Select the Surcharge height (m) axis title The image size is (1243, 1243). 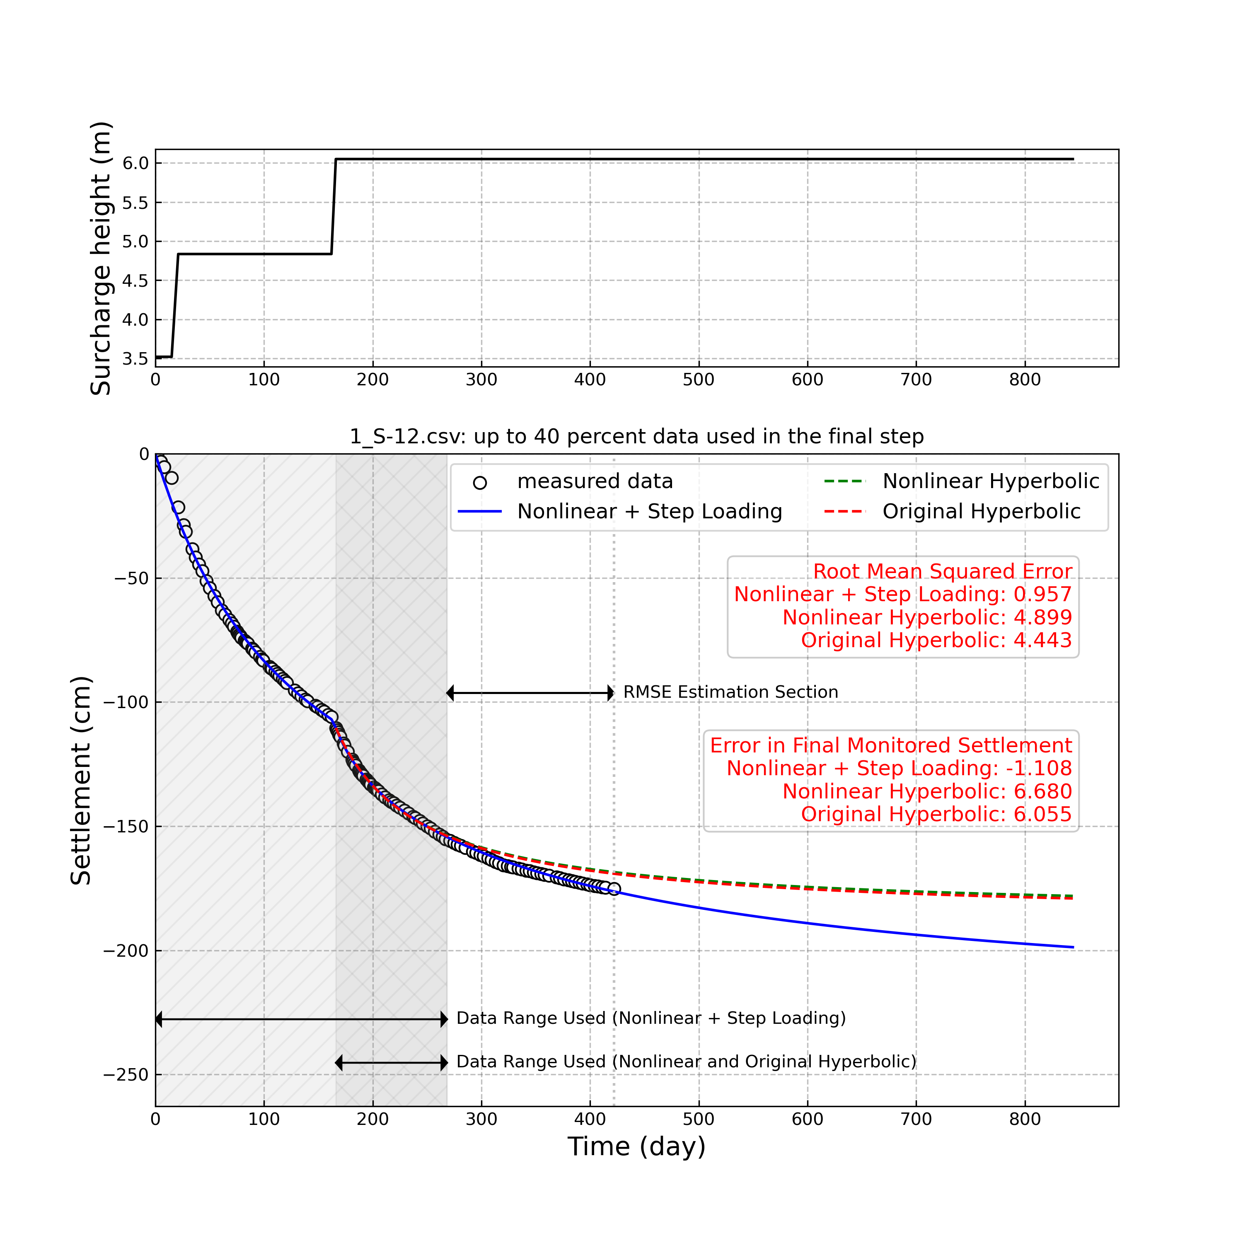pyautogui.click(x=101, y=258)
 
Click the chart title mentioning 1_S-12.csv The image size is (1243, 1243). pyautogui.click(x=636, y=437)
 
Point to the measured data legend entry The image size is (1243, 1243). pyautogui.click(x=595, y=481)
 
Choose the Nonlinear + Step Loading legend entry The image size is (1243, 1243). pyautogui.click(x=649, y=511)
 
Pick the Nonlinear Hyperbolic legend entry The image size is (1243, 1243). pyautogui.click(x=990, y=481)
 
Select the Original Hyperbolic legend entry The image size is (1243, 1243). pyautogui.click(x=981, y=511)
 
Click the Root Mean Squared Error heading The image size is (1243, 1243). pyautogui.click(x=942, y=571)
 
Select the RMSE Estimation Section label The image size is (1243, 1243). pyautogui.click(x=730, y=692)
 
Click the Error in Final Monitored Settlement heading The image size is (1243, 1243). pyautogui.click(x=890, y=746)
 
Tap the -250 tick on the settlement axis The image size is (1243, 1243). pyautogui.click(x=126, y=1075)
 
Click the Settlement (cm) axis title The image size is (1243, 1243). pyautogui.click(x=82, y=781)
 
